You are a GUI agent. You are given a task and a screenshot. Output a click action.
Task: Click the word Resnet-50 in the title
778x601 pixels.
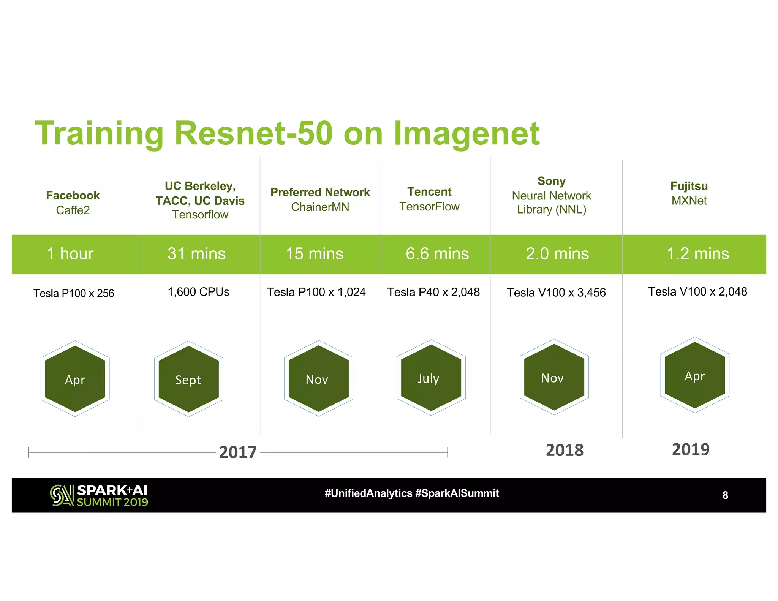click(253, 133)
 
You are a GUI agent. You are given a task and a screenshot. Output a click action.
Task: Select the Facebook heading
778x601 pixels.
click(73, 196)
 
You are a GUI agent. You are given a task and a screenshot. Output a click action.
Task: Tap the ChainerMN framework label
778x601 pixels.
click(320, 207)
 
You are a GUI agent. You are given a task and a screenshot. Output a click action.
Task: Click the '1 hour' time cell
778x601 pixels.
click(70, 254)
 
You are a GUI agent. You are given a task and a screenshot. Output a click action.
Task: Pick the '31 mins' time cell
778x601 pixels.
click(196, 254)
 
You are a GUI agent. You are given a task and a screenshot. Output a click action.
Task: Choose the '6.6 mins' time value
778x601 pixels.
click(437, 254)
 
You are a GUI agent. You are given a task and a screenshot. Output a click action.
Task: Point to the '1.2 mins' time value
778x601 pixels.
click(697, 254)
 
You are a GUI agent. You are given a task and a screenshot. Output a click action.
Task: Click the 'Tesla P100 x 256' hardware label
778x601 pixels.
click(74, 293)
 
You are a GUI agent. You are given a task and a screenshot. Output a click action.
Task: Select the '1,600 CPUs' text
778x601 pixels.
click(198, 292)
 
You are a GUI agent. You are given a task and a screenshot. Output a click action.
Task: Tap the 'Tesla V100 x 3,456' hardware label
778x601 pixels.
click(556, 293)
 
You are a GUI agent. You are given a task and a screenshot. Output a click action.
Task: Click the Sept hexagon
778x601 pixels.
click(188, 379)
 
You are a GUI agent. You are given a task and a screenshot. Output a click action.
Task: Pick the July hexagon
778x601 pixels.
click(431, 378)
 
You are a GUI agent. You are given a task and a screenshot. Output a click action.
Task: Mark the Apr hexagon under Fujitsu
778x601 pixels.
click(694, 375)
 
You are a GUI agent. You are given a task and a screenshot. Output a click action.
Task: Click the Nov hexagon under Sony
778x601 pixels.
click(554, 377)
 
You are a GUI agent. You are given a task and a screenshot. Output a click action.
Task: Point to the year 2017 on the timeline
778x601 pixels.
click(238, 452)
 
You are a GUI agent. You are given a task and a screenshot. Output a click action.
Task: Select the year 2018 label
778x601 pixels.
click(565, 450)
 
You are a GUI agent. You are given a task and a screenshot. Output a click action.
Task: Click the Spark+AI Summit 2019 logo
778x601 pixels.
click(99, 495)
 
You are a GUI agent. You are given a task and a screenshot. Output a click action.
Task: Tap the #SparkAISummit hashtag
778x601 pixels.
click(457, 493)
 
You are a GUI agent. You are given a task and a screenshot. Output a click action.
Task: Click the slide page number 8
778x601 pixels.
click(725, 495)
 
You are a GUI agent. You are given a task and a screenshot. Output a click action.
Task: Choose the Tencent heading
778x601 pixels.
click(429, 192)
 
